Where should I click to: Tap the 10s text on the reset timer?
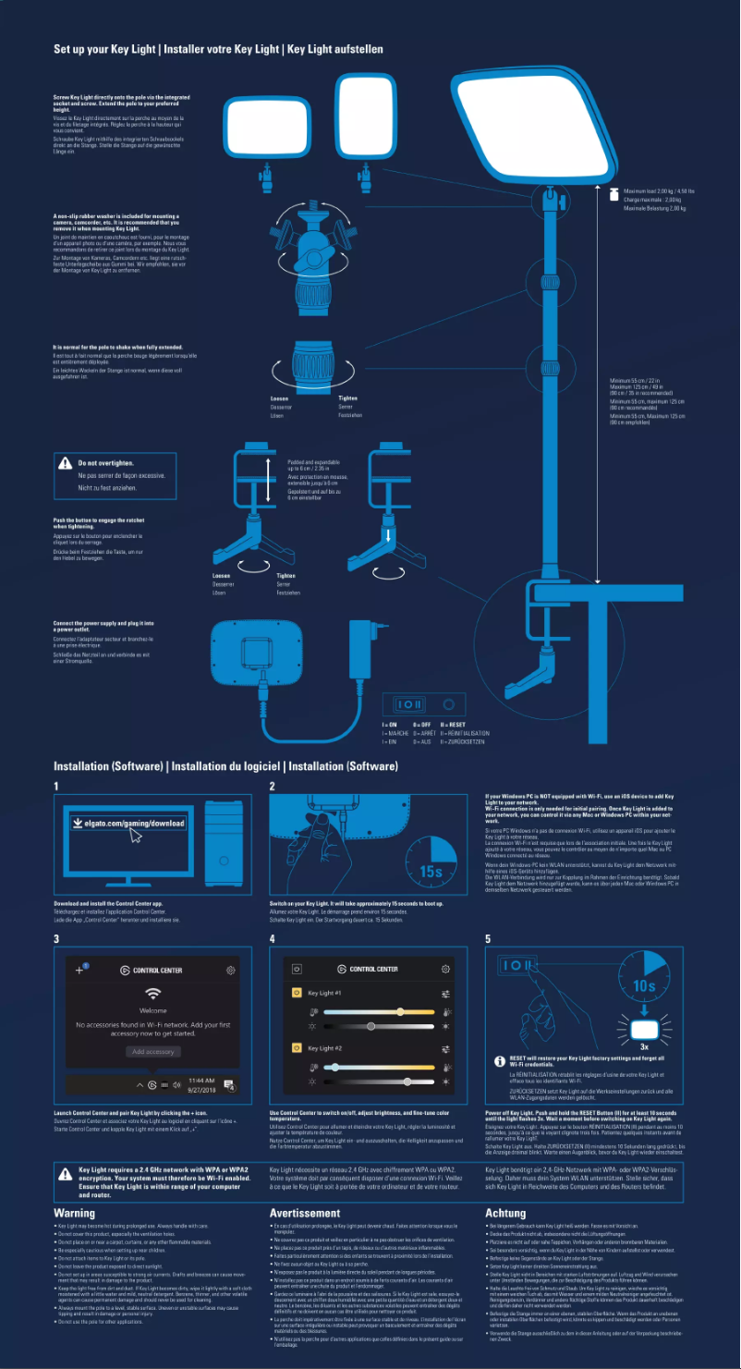[644, 985]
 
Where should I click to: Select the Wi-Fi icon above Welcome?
[152, 993]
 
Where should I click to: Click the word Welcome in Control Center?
[152, 1010]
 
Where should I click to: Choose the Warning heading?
[74, 1212]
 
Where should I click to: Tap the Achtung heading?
[505, 1212]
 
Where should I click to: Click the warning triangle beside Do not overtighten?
[65, 462]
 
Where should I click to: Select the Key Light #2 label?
[324, 1048]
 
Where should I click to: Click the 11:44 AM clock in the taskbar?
[201, 1080]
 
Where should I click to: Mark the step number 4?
[273, 939]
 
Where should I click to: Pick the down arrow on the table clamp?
[389, 535]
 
